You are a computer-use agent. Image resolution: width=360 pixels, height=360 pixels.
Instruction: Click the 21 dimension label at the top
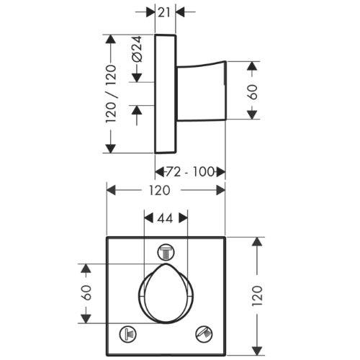[x=164, y=12]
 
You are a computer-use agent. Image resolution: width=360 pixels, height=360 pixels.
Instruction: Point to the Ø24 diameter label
[x=137, y=49]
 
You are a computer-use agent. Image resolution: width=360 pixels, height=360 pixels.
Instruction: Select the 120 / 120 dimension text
[x=111, y=94]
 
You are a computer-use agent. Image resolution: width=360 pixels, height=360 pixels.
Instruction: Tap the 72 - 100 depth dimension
[x=190, y=172]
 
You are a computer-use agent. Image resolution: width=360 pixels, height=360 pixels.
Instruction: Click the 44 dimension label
[x=165, y=218]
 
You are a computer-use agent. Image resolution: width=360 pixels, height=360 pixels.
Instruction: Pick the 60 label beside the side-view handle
[x=252, y=92]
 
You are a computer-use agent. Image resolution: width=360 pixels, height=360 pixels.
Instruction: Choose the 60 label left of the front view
[x=86, y=292]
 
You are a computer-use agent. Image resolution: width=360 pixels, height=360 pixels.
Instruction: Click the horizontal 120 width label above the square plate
[x=160, y=190]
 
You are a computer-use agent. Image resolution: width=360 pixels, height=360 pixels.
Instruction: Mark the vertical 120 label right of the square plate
[x=257, y=295]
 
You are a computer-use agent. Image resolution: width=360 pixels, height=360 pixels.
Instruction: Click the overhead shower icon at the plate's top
[x=166, y=253]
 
